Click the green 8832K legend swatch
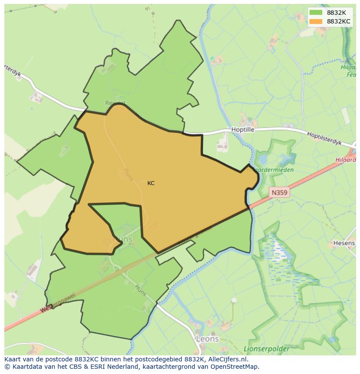316,13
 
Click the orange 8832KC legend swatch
316,21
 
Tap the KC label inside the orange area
151,183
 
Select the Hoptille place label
243,130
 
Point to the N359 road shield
279,192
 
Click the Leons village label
207,339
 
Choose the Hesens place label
344,243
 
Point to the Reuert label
115,103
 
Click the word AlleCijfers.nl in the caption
233,359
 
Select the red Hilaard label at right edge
347,160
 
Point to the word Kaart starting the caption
13,359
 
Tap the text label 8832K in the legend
337,13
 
